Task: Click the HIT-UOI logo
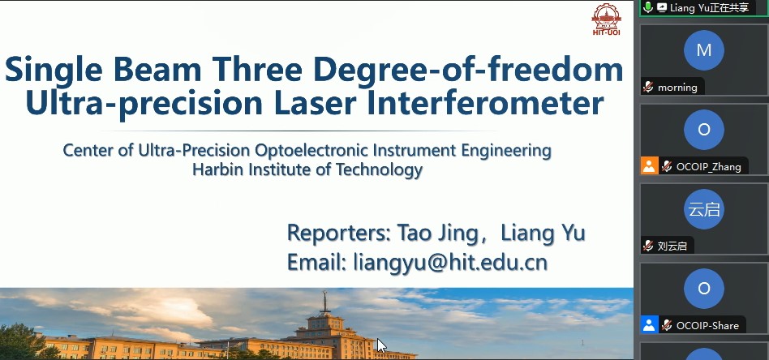(606, 19)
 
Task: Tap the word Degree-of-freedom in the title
(468, 69)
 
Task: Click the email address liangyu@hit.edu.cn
(450, 262)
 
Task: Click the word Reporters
(339, 233)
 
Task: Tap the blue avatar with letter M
(704, 50)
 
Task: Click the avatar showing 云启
(704, 209)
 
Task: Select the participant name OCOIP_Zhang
(708, 167)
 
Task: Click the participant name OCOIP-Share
(707, 326)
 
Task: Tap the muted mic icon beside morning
(648, 88)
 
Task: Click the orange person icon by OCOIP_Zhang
(649, 165)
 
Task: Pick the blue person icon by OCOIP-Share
(649, 324)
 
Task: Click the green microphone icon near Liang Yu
(648, 7)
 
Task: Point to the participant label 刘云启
(672, 246)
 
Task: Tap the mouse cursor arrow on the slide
(381, 345)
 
